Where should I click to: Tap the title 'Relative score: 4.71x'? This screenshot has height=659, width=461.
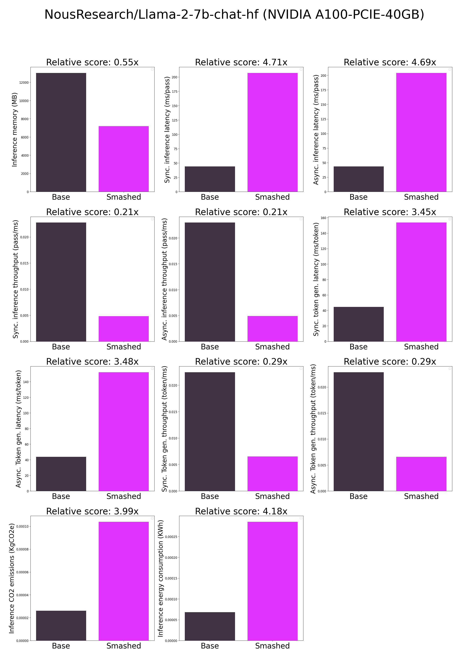point(241,62)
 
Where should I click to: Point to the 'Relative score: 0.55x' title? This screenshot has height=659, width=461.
point(92,62)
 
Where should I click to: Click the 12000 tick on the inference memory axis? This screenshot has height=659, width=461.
point(24,83)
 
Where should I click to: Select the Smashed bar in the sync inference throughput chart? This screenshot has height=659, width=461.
point(124,329)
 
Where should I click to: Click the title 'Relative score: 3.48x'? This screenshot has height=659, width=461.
point(92,362)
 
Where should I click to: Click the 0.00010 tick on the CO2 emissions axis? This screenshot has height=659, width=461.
point(22,526)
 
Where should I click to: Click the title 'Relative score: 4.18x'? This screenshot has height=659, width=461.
point(241,511)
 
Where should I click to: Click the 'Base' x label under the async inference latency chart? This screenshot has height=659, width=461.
point(358,197)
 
